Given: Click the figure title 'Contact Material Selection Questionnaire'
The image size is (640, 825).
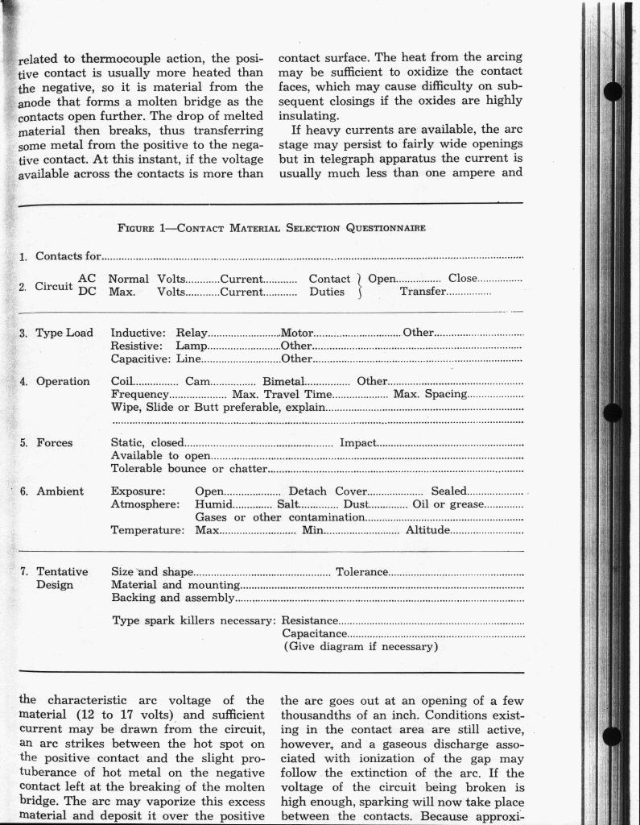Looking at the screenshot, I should [x=271, y=228].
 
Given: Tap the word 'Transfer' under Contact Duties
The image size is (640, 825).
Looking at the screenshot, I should [x=423, y=292].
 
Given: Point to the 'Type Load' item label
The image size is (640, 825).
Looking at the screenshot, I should [x=64, y=333].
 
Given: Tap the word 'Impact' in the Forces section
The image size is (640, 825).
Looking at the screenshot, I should [x=357, y=442].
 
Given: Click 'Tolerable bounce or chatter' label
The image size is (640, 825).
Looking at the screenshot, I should [x=188, y=469].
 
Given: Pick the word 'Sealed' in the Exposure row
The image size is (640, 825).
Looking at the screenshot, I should [x=448, y=491].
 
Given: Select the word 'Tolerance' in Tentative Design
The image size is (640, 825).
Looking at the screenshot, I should [x=361, y=571].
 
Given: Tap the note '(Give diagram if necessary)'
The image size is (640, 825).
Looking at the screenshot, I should [x=360, y=646].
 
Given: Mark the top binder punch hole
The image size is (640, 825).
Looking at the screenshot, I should [x=613, y=91].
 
